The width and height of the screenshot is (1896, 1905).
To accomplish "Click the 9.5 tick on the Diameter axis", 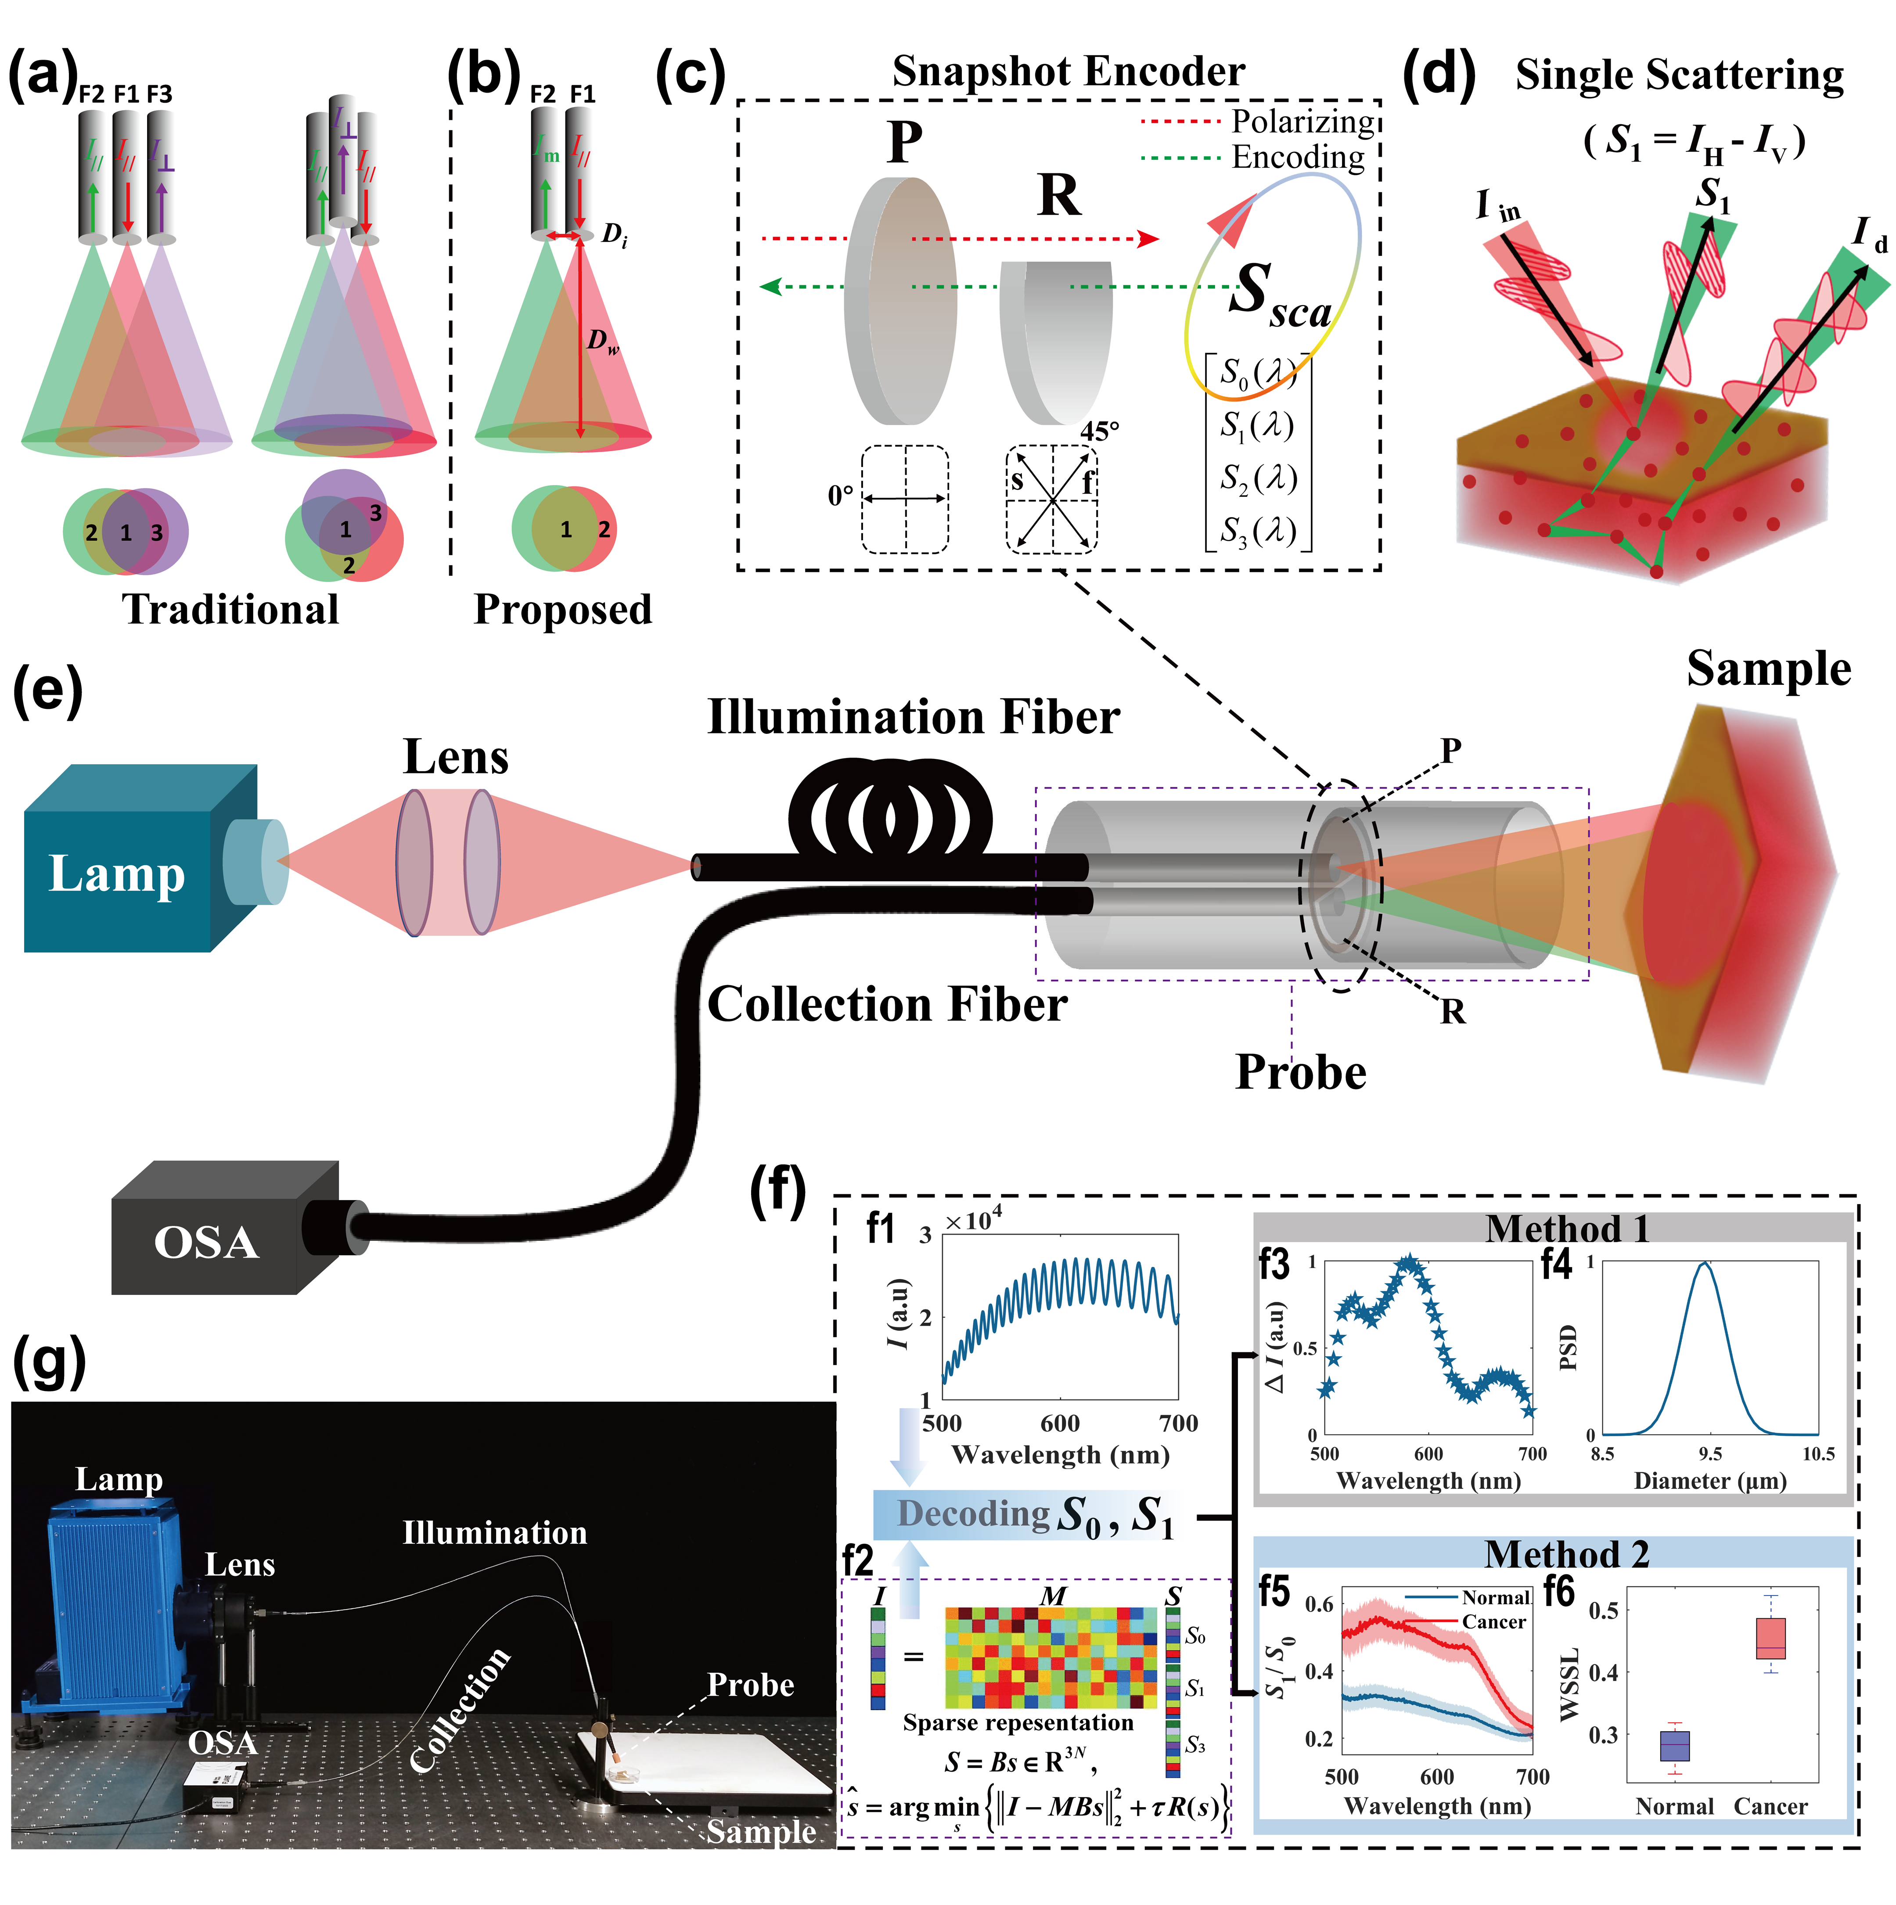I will (x=1710, y=1453).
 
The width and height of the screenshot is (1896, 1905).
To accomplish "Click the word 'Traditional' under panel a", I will (x=230, y=609).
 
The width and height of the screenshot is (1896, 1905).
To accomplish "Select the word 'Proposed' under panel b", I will (x=563, y=609).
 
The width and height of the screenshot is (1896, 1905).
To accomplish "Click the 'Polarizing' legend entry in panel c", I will (x=1302, y=121).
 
